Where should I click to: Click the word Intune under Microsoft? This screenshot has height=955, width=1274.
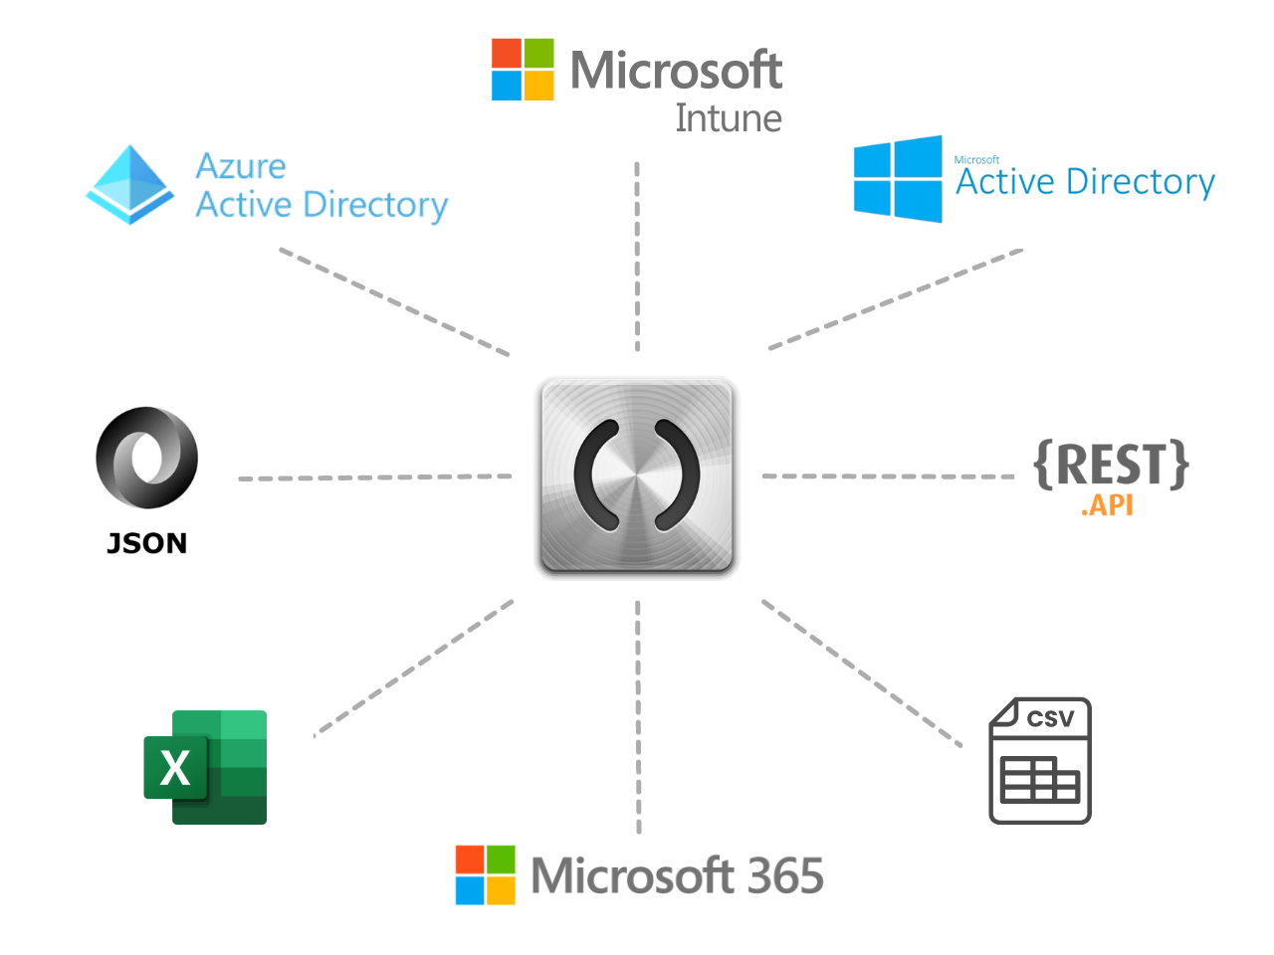coord(729,118)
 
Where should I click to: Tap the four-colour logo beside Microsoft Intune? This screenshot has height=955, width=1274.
coord(523,70)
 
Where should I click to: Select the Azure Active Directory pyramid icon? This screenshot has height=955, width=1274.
coord(130,185)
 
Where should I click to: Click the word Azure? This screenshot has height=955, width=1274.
coord(241,165)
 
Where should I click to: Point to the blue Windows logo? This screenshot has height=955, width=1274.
coord(898,179)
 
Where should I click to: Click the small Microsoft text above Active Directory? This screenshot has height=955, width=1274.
coord(976,159)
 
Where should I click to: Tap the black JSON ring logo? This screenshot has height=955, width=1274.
coord(147,459)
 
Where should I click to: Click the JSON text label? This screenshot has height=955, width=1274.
coord(147,543)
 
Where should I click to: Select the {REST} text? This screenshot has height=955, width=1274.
coord(1112,464)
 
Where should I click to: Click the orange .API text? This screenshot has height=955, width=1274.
coord(1107,505)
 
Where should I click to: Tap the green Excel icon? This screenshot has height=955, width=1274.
coord(206,767)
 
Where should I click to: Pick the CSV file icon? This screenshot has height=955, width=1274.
coord(1040,761)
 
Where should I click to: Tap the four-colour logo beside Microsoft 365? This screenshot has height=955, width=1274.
coord(486,875)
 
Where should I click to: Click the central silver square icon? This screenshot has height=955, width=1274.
coord(637,477)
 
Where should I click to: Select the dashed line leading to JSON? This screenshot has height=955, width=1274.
coord(375,477)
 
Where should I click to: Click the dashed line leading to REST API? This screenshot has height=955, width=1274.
coord(888,477)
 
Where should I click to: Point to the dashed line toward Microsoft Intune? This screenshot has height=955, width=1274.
coord(637,257)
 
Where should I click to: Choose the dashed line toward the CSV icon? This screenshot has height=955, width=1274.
coord(861,672)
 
